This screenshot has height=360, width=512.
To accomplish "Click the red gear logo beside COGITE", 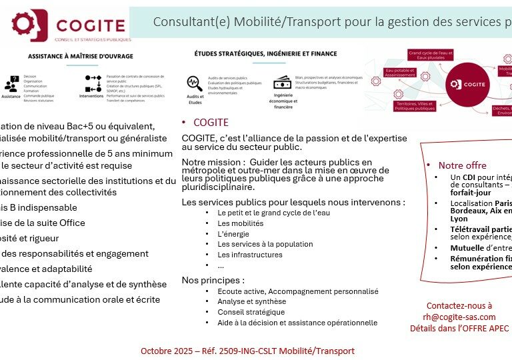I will [26, 25].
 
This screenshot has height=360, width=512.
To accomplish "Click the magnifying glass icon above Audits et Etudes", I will [194, 83].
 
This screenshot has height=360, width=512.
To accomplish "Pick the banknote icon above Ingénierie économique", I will [282, 83].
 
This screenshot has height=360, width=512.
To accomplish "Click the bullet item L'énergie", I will [233, 234].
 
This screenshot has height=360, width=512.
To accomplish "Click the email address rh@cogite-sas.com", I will [459, 317].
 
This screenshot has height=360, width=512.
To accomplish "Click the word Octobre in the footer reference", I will [157, 351].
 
